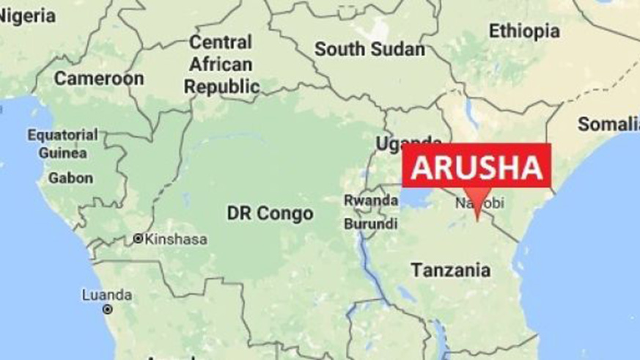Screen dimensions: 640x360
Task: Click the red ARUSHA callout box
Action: coord(476,166)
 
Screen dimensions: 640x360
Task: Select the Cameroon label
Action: coord(98,78)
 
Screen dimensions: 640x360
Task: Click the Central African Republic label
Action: coord(221,65)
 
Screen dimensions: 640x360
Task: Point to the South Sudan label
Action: coord(369,50)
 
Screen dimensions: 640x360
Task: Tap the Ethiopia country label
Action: coord(524,32)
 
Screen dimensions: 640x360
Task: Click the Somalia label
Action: coord(608,124)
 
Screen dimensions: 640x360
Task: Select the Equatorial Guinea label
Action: coord(62,144)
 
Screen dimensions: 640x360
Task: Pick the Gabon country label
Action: coord(70,177)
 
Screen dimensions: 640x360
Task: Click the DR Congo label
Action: coord(270,213)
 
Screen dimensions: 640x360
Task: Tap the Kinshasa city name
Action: coord(176,239)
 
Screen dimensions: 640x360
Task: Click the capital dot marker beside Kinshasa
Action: coord(137,239)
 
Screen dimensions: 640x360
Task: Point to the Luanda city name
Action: coord(107,295)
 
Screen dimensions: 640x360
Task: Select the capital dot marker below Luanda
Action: coord(108,309)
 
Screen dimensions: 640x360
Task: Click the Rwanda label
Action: coord(371,200)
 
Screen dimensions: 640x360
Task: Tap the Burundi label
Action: coord(371,223)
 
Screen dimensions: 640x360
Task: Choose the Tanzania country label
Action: coord(451,270)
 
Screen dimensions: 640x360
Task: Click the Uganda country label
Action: coord(408,143)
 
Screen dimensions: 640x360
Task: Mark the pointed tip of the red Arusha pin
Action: coord(477,218)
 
